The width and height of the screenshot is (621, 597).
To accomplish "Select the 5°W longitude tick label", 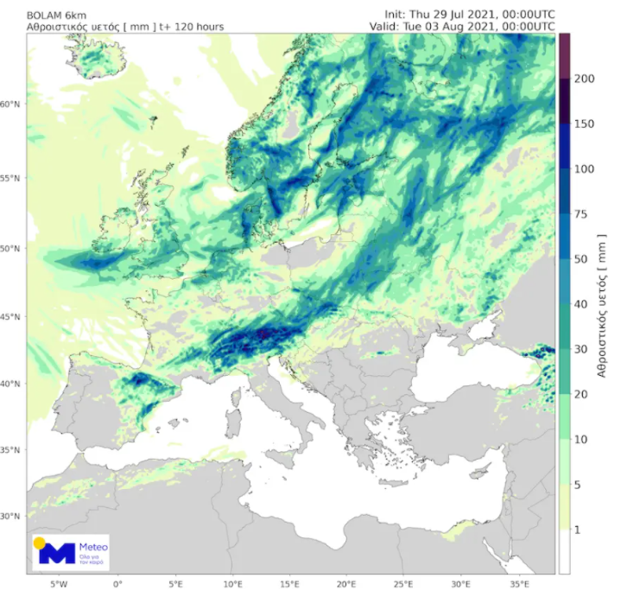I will [60, 583].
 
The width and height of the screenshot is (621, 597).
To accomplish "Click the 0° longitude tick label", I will [117, 583].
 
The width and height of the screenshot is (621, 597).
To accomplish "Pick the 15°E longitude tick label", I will [290, 583].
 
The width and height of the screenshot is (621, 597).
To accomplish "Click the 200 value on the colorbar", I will [585, 79].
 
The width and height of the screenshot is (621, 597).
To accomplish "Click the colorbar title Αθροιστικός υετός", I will [605, 302].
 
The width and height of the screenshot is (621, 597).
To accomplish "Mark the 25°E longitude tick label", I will [405, 583].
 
